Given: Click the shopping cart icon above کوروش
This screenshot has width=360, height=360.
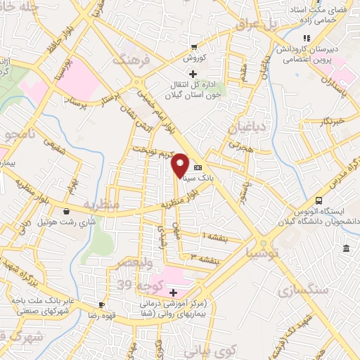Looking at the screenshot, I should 194,48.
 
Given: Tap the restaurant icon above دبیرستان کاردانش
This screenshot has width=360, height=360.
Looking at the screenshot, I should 305,39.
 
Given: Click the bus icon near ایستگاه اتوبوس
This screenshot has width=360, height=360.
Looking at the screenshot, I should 319,200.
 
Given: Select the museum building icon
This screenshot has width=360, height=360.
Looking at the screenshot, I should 347,248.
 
